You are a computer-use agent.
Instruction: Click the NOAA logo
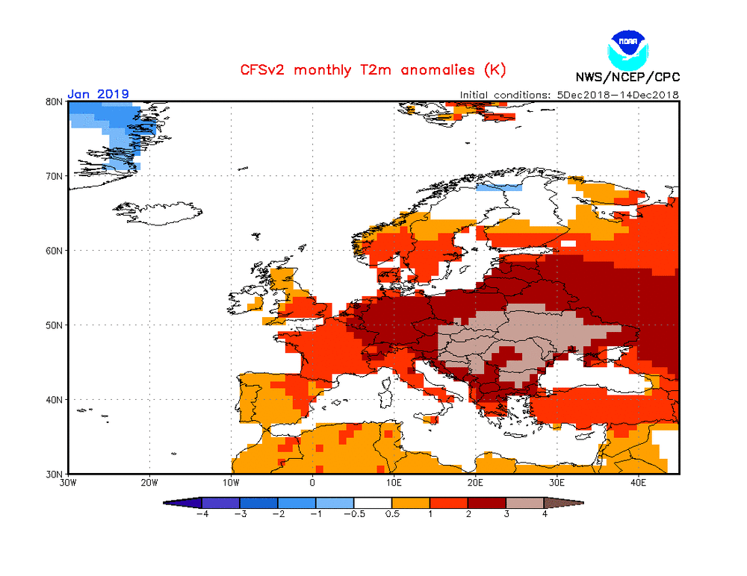click(628, 51)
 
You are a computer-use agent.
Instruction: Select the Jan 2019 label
click(98, 94)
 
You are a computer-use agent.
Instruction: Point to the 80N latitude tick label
click(55, 102)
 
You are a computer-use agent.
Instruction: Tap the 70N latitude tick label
click(55, 177)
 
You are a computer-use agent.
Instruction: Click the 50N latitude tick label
click(55, 325)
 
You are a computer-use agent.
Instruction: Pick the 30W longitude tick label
click(69, 483)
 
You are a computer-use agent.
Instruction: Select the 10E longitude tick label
click(394, 483)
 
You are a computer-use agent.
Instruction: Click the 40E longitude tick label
click(639, 483)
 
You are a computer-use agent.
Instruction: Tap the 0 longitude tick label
click(312, 483)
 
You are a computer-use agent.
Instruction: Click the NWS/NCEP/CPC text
click(628, 77)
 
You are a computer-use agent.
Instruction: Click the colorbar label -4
click(202, 514)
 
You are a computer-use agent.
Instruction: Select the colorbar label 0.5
click(392, 514)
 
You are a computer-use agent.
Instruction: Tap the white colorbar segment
click(373, 503)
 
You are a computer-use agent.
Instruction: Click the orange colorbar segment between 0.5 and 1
click(411, 503)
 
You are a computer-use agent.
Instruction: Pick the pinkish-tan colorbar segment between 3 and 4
click(525, 503)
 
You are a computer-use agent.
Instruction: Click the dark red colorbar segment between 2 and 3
click(487, 503)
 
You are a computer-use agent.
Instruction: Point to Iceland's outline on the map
click(157, 213)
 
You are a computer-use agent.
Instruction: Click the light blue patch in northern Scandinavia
click(499, 187)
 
